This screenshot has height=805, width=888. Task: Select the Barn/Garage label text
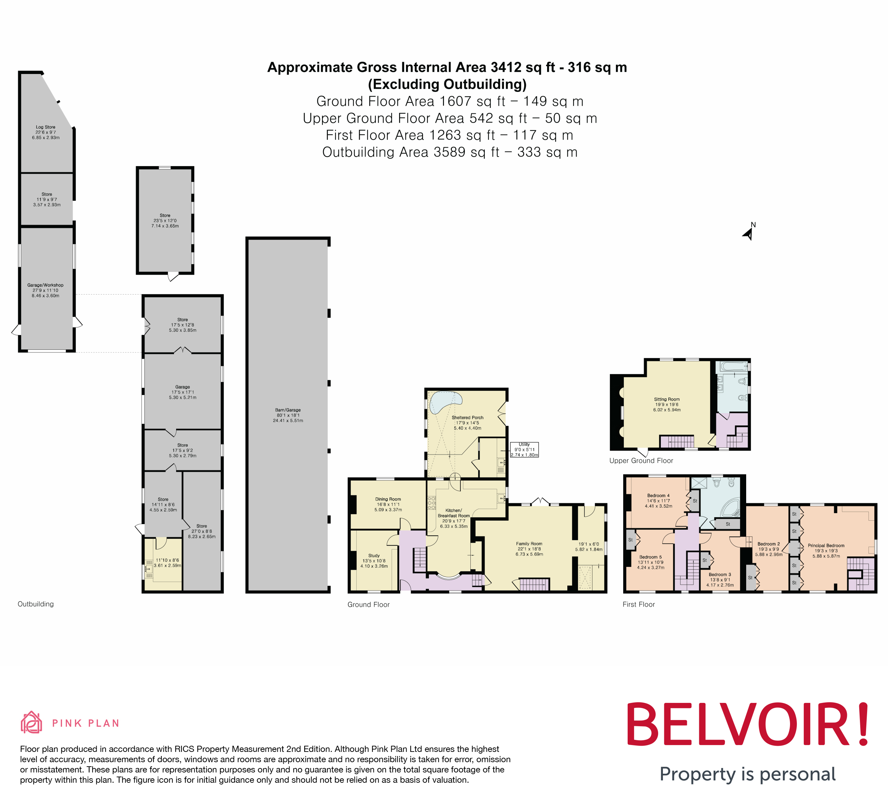click(288, 410)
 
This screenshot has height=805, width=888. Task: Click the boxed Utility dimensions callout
click(524, 450)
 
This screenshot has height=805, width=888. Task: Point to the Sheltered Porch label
click(467, 418)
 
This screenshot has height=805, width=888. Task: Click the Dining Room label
click(388, 499)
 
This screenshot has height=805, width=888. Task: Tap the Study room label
click(374, 556)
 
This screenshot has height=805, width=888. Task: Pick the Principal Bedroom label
click(826, 546)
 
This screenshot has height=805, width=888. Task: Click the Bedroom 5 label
click(650, 557)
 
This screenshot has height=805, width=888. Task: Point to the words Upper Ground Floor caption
click(641, 461)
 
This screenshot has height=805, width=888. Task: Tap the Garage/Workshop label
click(45, 285)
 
